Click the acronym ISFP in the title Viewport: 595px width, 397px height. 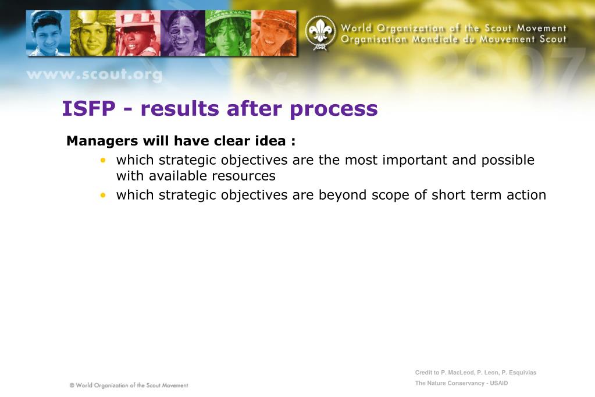[89, 109]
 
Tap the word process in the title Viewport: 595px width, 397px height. [333, 110]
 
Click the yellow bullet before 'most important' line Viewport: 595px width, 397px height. [103, 160]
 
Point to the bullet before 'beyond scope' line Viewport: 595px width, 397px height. [103, 195]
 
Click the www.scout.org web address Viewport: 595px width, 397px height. [94, 75]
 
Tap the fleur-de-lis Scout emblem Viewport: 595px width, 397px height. [320, 33]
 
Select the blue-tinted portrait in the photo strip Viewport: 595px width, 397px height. [48, 33]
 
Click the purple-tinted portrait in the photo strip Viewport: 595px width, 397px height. [183, 33]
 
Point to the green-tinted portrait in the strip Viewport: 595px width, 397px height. [228, 33]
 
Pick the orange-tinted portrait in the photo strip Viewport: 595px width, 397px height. [273, 33]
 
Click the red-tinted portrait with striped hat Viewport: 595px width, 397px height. [138, 33]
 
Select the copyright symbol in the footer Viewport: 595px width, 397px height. [72, 385]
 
